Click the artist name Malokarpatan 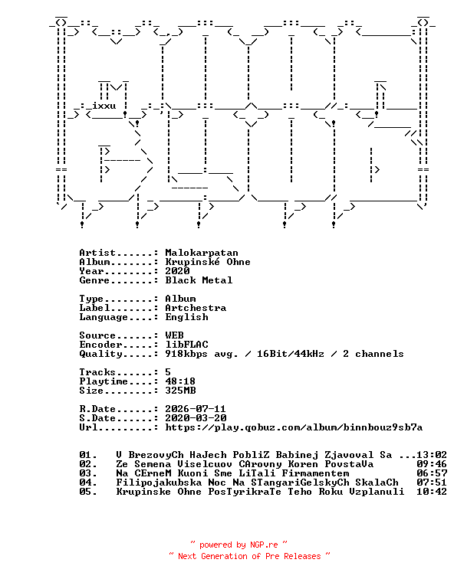202,253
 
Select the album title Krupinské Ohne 208,262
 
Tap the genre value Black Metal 199,280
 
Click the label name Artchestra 196,308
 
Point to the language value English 186,318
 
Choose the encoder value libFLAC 186,345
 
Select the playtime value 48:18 180,381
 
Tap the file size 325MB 180,391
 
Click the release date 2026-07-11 196,409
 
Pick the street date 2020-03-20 196,418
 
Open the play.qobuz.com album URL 294,427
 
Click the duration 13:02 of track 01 432,455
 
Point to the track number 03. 88,473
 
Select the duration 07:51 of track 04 432,483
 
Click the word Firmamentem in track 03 315,473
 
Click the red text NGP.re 264,545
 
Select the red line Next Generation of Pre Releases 249,556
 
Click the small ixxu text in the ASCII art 104,106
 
